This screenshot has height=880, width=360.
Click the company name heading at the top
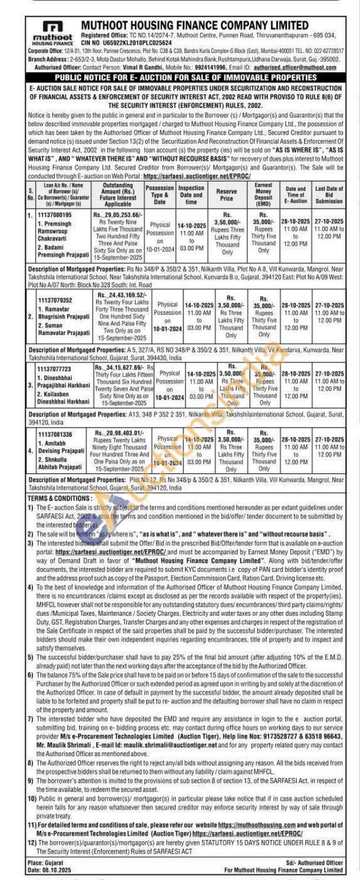(x=194, y=25)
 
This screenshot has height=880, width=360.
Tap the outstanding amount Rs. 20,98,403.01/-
(x=119, y=433)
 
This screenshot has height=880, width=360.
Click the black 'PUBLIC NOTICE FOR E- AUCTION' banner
(x=180, y=77)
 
